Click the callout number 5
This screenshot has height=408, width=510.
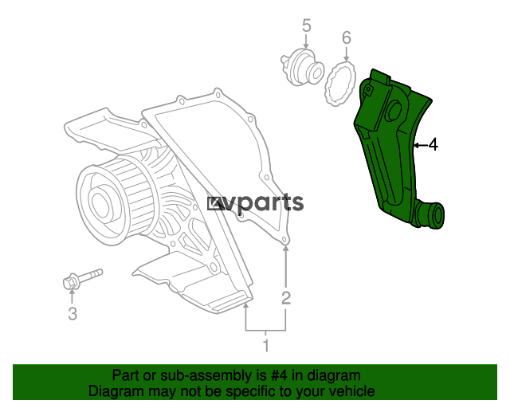tap(306, 25)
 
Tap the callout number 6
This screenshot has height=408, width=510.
tap(347, 37)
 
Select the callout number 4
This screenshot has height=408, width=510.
tap(433, 144)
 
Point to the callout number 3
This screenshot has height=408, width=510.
tap(73, 314)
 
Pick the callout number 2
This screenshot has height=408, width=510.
tap(286, 298)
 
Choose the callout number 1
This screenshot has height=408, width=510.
tap(265, 345)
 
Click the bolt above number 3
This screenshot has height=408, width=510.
tap(82, 279)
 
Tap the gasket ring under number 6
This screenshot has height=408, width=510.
tap(340, 83)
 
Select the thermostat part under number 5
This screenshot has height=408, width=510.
tap(303, 67)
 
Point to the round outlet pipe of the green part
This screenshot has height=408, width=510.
tap(430, 214)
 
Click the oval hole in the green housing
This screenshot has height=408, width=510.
tap(394, 111)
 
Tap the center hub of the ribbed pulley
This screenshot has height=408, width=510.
tap(100, 202)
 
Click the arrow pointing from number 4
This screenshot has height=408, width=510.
tap(420, 145)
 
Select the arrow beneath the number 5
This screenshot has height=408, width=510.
tap(306, 41)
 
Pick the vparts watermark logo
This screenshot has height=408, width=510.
tap(256, 204)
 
